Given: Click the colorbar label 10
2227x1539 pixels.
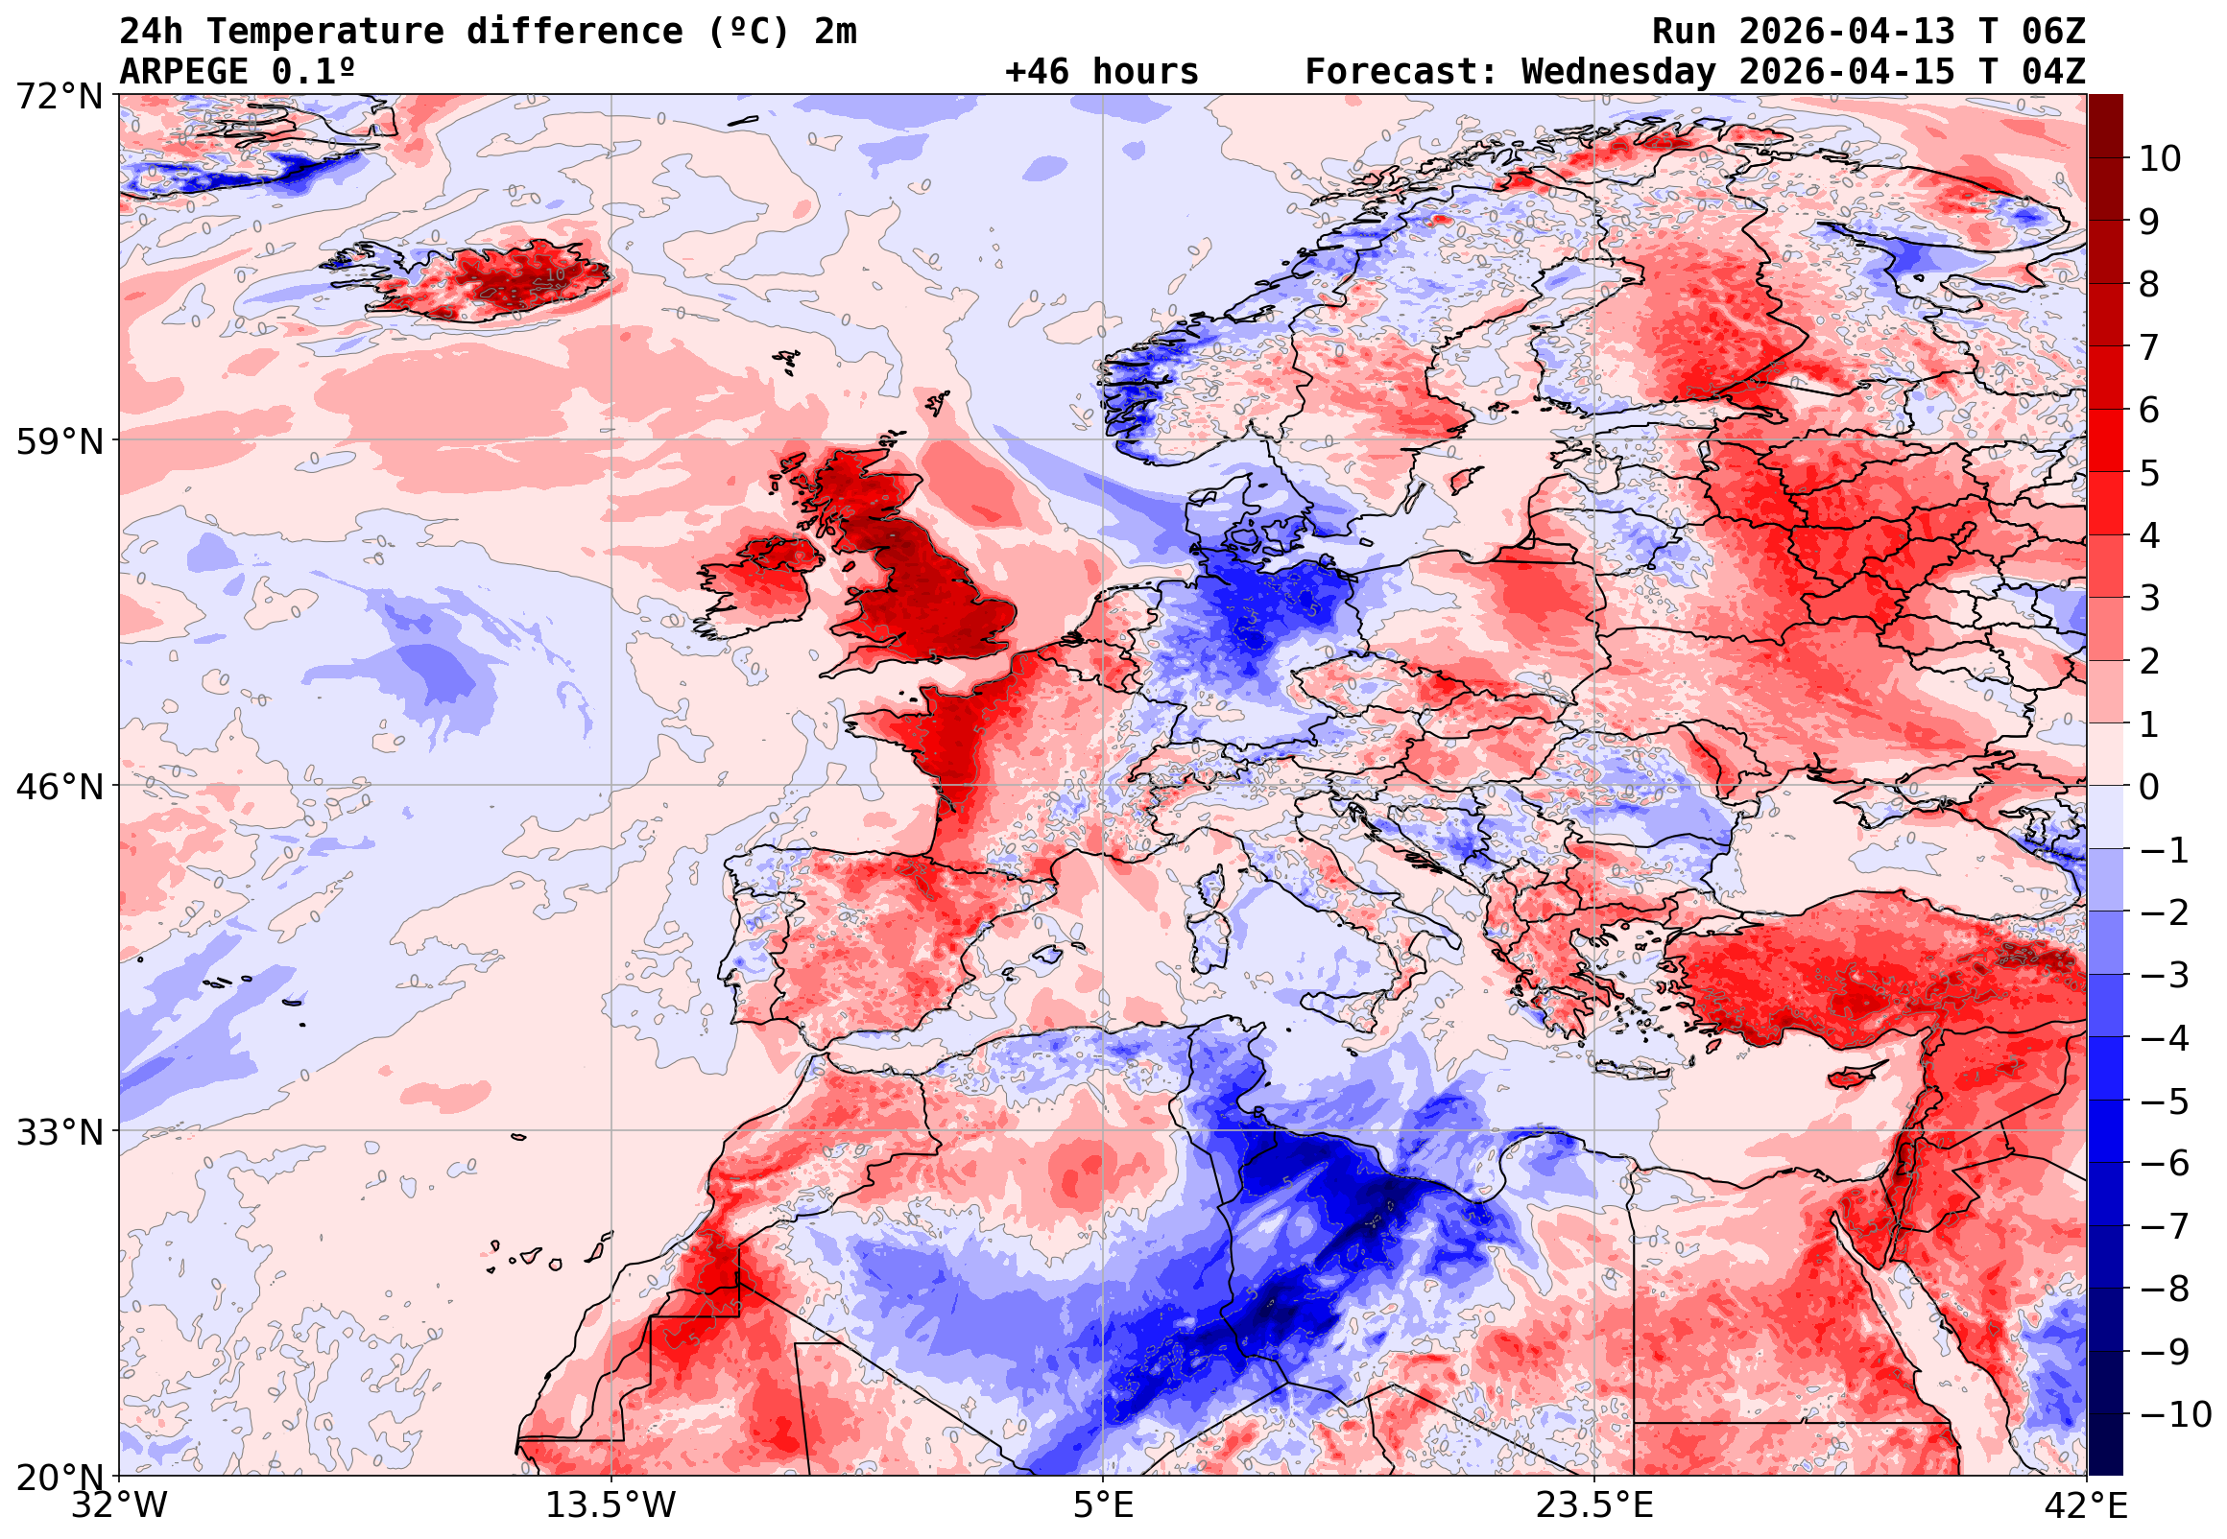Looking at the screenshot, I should click(2160, 159).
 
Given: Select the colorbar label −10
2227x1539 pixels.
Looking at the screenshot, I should click(2175, 1414).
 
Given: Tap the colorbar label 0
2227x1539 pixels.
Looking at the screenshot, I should click(2149, 787).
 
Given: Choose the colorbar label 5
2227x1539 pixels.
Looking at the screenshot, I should click(2149, 473).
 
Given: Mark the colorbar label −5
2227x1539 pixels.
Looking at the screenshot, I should click(2165, 1101).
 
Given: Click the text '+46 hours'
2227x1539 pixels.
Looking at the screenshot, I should click(1101, 72).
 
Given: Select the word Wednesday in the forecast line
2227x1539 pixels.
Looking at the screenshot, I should click(1619, 72).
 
